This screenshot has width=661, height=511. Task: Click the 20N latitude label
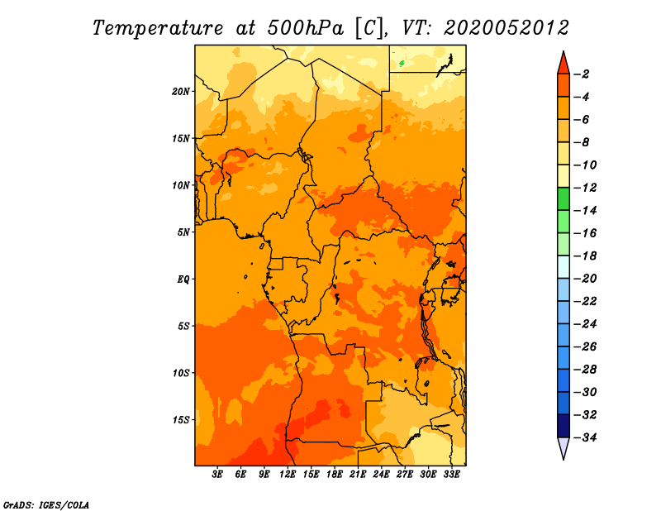click(181, 92)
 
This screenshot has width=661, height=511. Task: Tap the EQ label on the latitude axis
click(183, 279)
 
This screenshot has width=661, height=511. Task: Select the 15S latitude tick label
click(181, 420)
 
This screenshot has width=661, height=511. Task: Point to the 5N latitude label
click(183, 232)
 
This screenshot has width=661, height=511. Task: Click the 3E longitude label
click(217, 475)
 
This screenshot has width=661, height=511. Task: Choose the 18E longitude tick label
click(335, 475)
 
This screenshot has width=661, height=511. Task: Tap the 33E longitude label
click(451, 475)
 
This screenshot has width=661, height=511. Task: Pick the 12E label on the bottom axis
click(288, 475)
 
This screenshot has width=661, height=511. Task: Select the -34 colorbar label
click(585, 437)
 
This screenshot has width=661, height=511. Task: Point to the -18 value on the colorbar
click(585, 255)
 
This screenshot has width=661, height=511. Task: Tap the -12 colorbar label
click(585, 188)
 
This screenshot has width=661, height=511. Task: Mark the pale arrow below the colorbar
click(564, 447)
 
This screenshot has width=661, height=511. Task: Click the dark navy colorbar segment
click(564, 426)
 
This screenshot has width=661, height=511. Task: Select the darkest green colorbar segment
click(564, 198)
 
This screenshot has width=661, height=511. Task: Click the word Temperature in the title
click(158, 28)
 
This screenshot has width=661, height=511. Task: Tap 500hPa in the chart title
click(306, 28)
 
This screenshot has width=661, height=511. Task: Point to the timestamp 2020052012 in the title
click(506, 28)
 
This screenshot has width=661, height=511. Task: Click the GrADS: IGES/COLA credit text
click(46, 505)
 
